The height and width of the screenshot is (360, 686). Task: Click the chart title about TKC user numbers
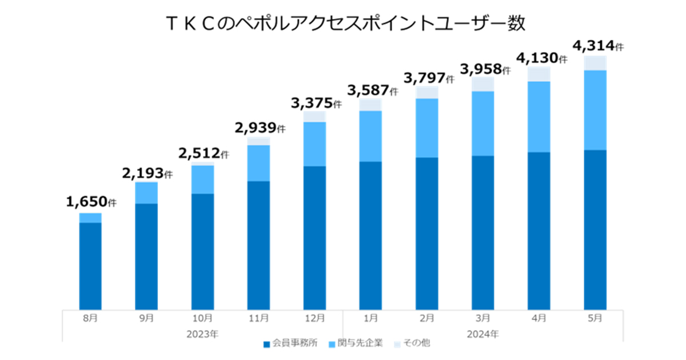point(344,24)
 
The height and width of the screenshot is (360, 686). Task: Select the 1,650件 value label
point(90,202)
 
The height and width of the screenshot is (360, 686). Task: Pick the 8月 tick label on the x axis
point(90,318)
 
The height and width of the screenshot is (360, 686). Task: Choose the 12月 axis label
point(314,318)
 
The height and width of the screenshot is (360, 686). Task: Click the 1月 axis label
point(370,318)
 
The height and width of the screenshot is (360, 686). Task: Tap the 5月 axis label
point(595,318)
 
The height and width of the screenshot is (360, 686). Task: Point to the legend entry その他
point(413,343)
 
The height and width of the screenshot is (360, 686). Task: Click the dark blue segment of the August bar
point(90,266)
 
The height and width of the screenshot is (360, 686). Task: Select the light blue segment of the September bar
point(146,193)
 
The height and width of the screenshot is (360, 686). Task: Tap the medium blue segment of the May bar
point(595,110)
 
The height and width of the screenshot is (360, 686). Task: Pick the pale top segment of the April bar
point(539,74)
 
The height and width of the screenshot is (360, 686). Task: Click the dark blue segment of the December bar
point(314,237)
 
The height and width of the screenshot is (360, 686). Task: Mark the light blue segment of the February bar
point(427,127)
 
